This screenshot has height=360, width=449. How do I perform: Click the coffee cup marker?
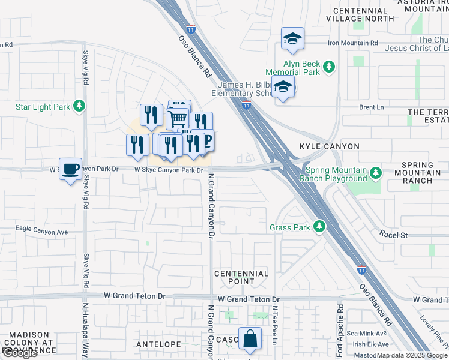(70, 169)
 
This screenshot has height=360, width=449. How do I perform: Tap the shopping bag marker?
(250, 339)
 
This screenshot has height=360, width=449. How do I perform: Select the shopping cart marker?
(178, 119)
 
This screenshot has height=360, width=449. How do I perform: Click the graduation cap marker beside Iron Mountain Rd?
(292, 39)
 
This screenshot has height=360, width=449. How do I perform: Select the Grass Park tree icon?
(320, 227)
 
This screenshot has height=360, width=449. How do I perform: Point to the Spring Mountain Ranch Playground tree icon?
(376, 173)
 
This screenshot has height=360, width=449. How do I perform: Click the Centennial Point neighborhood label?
(242, 277)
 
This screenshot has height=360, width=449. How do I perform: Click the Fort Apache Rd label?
(340, 323)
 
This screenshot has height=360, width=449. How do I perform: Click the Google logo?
(20, 353)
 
